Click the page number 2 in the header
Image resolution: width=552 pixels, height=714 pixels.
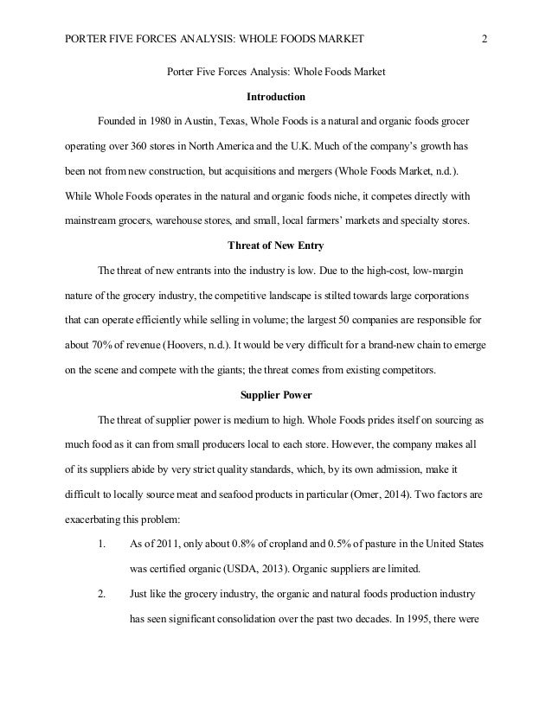click(484, 38)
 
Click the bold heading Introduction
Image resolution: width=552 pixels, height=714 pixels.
click(275, 95)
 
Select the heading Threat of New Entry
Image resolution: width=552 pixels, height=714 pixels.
click(275, 245)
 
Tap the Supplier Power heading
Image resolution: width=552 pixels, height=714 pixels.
click(275, 396)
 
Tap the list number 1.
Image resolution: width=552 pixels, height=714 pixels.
click(101, 521)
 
